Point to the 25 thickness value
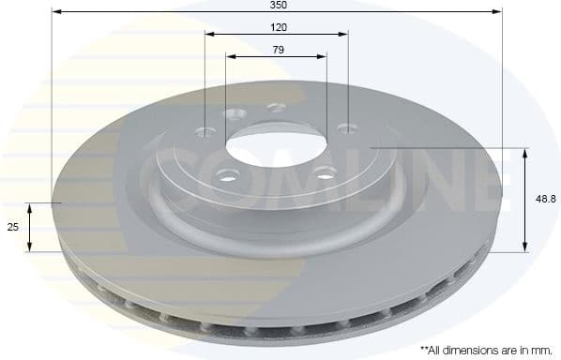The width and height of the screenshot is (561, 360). point(13,227)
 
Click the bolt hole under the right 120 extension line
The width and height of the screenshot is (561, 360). point(348,129)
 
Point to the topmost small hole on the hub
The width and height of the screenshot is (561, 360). point(277,107)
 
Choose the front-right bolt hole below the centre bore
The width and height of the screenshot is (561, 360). point(325,172)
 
